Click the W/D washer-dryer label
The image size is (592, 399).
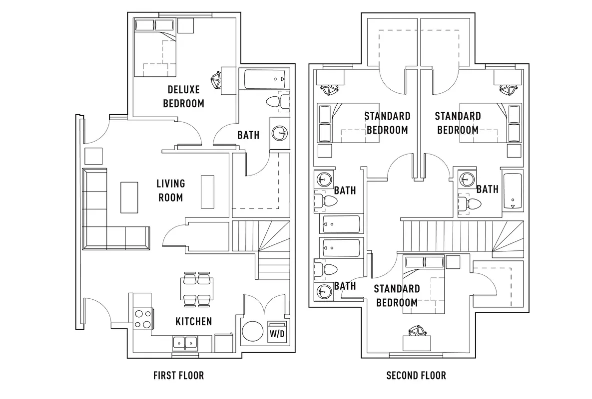click(277, 334)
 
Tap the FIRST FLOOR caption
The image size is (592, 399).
click(178, 375)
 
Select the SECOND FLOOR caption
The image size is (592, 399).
click(416, 375)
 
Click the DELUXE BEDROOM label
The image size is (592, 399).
click(183, 96)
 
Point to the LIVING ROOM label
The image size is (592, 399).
click(171, 191)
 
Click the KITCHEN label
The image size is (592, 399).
click(194, 321)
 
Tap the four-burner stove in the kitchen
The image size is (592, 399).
click(143, 319)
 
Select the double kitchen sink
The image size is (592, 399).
click(185, 343)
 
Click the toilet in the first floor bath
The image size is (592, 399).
click(277, 101)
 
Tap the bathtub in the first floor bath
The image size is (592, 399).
click(266, 79)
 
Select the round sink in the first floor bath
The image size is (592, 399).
click(279, 133)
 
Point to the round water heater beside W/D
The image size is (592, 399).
click(253, 332)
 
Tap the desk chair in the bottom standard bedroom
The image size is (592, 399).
click(417, 331)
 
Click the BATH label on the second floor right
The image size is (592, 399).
click(488, 189)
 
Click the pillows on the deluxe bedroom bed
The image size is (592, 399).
click(154, 25)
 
